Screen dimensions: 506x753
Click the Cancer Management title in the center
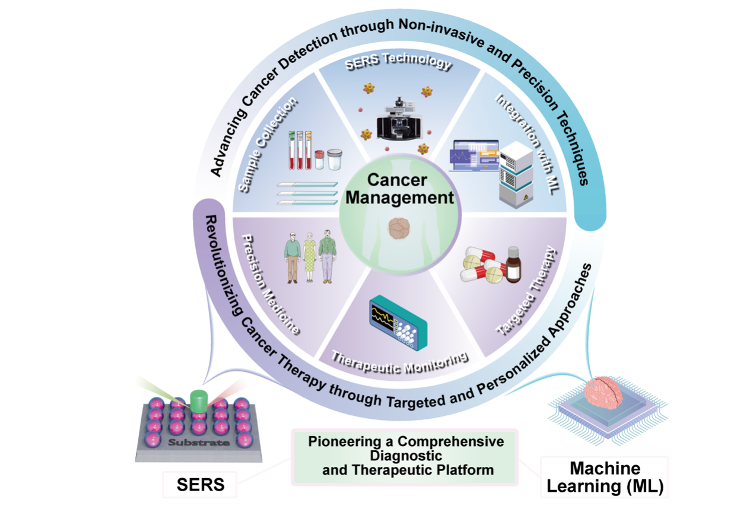(x=399, y=189)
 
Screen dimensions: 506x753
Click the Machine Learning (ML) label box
(x=605, y=478)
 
